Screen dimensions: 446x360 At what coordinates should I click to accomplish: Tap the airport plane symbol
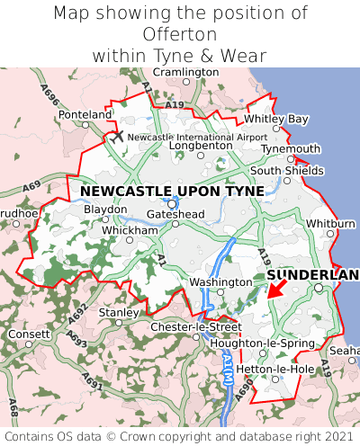(117, 136)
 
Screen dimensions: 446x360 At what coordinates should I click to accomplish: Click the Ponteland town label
(85, 115)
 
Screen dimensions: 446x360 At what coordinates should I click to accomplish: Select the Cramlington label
(186, 71)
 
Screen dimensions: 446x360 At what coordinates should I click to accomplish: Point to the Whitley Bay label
(276, 119)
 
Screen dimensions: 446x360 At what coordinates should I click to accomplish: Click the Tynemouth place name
(291, 149)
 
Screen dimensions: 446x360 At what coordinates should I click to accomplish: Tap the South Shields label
(287, 170)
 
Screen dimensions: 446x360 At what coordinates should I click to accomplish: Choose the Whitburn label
(331, 223)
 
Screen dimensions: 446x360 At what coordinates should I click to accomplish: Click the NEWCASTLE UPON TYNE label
(172, 191)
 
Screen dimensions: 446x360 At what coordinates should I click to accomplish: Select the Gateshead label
(176, 214)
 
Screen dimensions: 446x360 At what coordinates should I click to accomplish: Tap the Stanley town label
(117, 312)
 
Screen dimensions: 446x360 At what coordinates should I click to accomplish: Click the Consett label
(29, 334)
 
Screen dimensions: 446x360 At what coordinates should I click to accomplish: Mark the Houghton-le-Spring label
(262, 343)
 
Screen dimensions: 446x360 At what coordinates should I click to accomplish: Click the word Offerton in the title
(180, 34)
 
